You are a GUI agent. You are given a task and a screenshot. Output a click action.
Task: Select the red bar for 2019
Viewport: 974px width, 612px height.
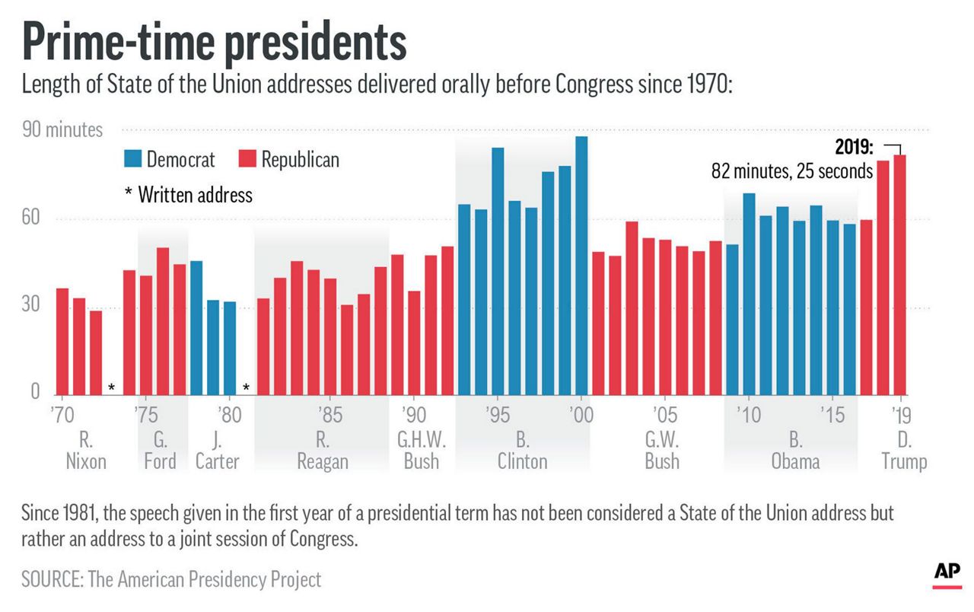pyautogui.click(x=900, y=274)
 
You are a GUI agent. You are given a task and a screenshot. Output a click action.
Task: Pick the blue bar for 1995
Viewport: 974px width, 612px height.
pyautogui.click(x=498, y=270)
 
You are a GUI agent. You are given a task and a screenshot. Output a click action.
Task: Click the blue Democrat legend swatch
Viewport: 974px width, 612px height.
pyautogui.click(x=133, y=159)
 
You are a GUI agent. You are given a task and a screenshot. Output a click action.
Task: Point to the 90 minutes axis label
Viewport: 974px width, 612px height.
pyautogui.click(x=62, y=129)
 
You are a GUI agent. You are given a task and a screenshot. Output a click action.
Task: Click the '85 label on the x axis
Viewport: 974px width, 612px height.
pyautogui.click(x=329, y=416)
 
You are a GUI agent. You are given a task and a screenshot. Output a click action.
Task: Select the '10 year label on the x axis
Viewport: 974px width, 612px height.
pyautogui.click(x=748, y=416)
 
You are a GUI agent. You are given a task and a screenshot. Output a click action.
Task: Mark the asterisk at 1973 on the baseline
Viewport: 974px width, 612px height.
pyautogui.click(x=112, y=388)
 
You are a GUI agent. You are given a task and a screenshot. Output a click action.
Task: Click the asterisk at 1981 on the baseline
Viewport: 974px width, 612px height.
pyautogui.click(x=246, y=388)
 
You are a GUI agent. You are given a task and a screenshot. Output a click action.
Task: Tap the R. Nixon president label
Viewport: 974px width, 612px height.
pyautogui.click(x=85, y=451)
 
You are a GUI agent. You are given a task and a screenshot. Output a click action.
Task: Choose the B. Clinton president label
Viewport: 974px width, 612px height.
pyautogui.click(x=522, y=451)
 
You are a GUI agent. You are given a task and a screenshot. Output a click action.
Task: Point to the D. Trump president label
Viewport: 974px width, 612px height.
pyautogui.click(x=904, y=451)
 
